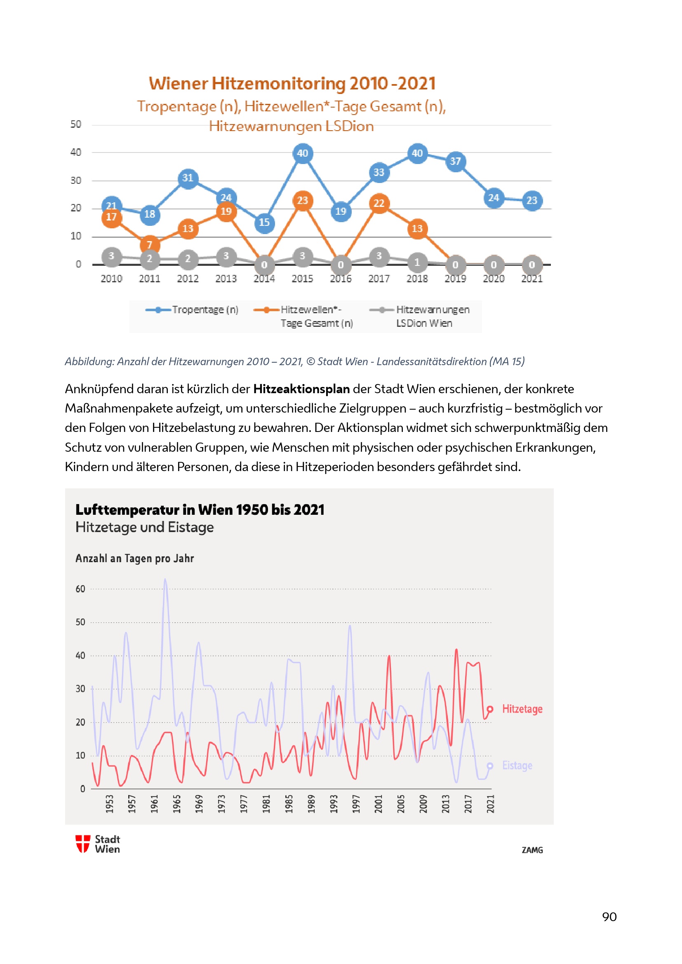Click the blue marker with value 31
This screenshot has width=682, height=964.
pyautogui.click(x=188, y=178)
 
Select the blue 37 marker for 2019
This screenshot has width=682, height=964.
pyautogui.click(x=455, y=162)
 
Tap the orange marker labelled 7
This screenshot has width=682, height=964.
pyautogui.click(x=150, y=244)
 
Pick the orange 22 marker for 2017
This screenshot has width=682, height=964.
pyautogui.click(x=379, y=204)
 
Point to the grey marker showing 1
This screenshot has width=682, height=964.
pyautogui.click(x=417, y=263)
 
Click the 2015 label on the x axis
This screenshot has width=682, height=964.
pyautogui.click(x=302, y=279)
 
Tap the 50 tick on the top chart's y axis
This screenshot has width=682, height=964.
pyautogui.click(x=76, y=125)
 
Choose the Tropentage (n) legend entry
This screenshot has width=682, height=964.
pyautogui.click(x=192, y=310)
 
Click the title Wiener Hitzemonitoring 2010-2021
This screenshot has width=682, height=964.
pyautogui.click(x=292, y=84)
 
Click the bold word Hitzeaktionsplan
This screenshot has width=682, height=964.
pyautogui.click(x=301, y=389)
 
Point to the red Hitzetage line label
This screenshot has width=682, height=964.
pyautogui.click(x=522, y=709)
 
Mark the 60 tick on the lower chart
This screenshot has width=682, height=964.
pyautogui.click(x=80, y=589)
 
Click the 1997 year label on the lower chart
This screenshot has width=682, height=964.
pyautogui.click(x=356, y=804)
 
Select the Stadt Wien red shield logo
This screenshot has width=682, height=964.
pyautogui.click(x=83, y=844)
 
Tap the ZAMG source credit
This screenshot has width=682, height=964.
pyautogui.click(x=532, y=850)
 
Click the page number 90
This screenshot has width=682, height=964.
pyautogui.click(x=609, y=917)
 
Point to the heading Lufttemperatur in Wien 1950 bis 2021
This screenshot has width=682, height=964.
pyautogui.click(x=200, y=510)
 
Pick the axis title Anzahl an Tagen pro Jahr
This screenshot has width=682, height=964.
pyautogui.click(x=135, y=559)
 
